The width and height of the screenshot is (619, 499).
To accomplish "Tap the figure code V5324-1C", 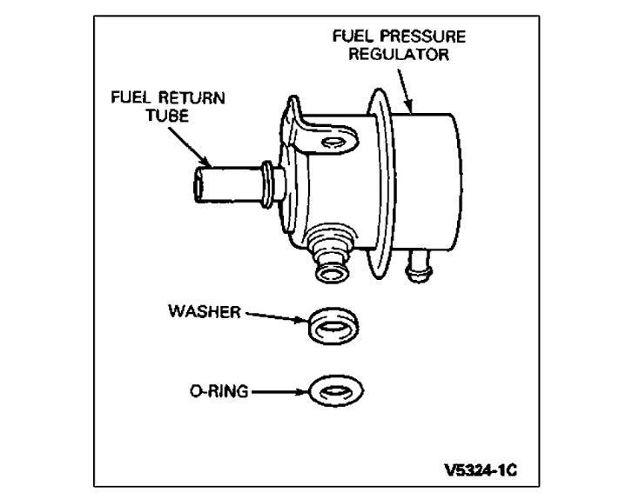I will pyautogui.click(x=481, y=470).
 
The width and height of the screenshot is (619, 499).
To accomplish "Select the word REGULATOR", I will pyautogui.click(x=400, y=55).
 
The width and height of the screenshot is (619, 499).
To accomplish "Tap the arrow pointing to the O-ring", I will pyautogui.click(x=279, y=393).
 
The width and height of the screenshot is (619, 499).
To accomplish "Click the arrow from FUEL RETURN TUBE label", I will pyautogui.click(x=192, y=143).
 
